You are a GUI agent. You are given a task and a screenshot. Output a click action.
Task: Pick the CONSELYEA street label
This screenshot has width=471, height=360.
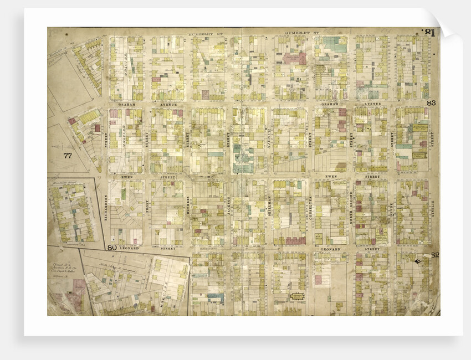(x=311, y=206)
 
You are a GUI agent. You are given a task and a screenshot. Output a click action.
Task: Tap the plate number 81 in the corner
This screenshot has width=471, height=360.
(x=428, y=33)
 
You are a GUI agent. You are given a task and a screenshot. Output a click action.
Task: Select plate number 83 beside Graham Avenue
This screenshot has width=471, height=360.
(x=432, y=103)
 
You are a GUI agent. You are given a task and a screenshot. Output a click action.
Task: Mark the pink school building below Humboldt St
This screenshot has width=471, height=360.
(x=295, y=58)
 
